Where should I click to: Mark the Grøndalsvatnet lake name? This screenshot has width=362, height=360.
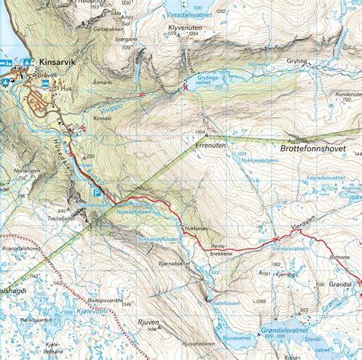click(286, 330)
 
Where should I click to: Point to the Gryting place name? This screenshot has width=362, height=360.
click(297, 61)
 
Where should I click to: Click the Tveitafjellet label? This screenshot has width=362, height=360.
click(61, 216)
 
